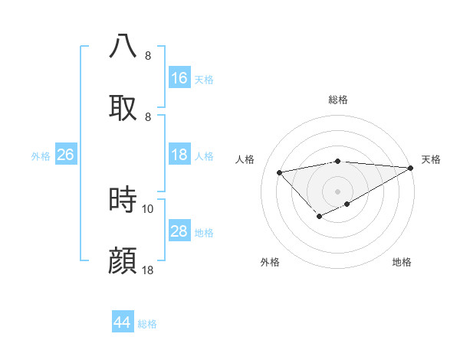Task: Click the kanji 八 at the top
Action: [123, 46]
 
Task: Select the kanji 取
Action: [123, 107]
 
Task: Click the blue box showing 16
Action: [179, 78]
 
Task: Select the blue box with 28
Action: [179, 231]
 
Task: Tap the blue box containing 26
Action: [66, 155]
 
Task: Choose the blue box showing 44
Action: [123, 322]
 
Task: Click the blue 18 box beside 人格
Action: [179, 155]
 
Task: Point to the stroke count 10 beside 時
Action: [148, 208]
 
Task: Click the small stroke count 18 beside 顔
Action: [148, 270]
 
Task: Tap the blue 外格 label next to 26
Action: [41, 155]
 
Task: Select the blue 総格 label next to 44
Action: [148, 323]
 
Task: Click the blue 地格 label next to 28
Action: [205, 232]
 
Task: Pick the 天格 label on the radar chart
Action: [432, 159]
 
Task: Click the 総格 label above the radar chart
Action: [338, 100]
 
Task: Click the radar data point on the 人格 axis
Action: [280, 172]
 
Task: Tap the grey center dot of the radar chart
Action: [338, 191]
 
